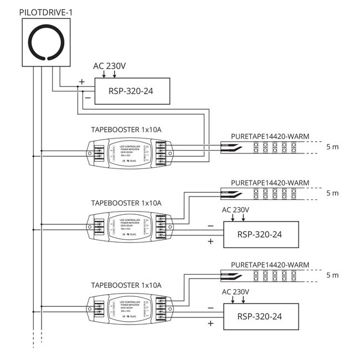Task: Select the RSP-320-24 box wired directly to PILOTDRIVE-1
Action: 132,91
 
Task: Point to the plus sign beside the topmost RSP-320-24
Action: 81,82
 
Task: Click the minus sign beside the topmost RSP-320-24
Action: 87,98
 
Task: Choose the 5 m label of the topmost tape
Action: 332,148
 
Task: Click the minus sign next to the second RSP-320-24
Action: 210,226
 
